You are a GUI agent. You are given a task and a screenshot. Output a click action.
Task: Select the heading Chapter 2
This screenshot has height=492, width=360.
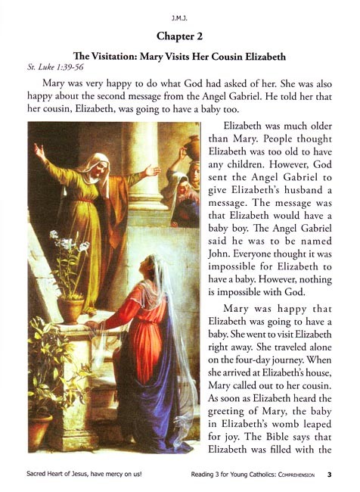180,36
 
